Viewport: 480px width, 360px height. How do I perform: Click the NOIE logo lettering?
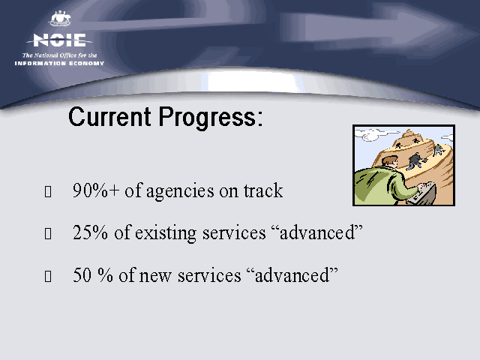point(60,40)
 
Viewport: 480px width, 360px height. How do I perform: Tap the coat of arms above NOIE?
point(60,19)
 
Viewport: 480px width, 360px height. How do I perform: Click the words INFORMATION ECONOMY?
point(59,63)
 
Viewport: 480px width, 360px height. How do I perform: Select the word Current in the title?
point(109,117)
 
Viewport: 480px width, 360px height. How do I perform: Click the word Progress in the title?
point(207,118)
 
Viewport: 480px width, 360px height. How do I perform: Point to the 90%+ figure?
point(96,190)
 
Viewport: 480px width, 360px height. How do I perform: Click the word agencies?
point(180,192)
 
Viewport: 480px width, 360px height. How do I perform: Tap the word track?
point(263,190)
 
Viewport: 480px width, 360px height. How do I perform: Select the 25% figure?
point(90,232)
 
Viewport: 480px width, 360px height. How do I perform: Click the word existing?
point(166,234)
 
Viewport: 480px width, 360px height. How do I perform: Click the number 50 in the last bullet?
point(82,275)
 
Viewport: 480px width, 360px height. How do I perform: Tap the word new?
point(155,277)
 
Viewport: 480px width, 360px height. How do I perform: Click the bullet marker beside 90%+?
point(48,192)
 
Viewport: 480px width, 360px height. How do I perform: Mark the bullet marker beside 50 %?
point(48,276)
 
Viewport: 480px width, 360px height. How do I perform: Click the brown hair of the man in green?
point(390,160)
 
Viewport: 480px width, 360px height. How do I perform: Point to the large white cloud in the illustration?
point(372,135)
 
